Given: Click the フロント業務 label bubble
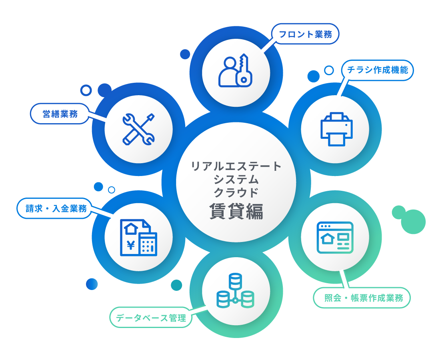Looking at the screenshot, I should (305, 34).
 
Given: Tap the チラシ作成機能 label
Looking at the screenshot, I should (377, 70).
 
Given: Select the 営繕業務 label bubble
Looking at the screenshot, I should (60, 114).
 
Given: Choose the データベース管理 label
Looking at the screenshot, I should (151, 318).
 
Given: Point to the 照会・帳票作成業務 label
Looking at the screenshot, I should (361, 298).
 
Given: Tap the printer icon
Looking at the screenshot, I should (337, 129).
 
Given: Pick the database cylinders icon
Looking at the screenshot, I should (236, 291).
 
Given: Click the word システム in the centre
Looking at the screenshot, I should (236, 179).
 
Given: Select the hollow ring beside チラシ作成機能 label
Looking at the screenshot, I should (329, 70).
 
